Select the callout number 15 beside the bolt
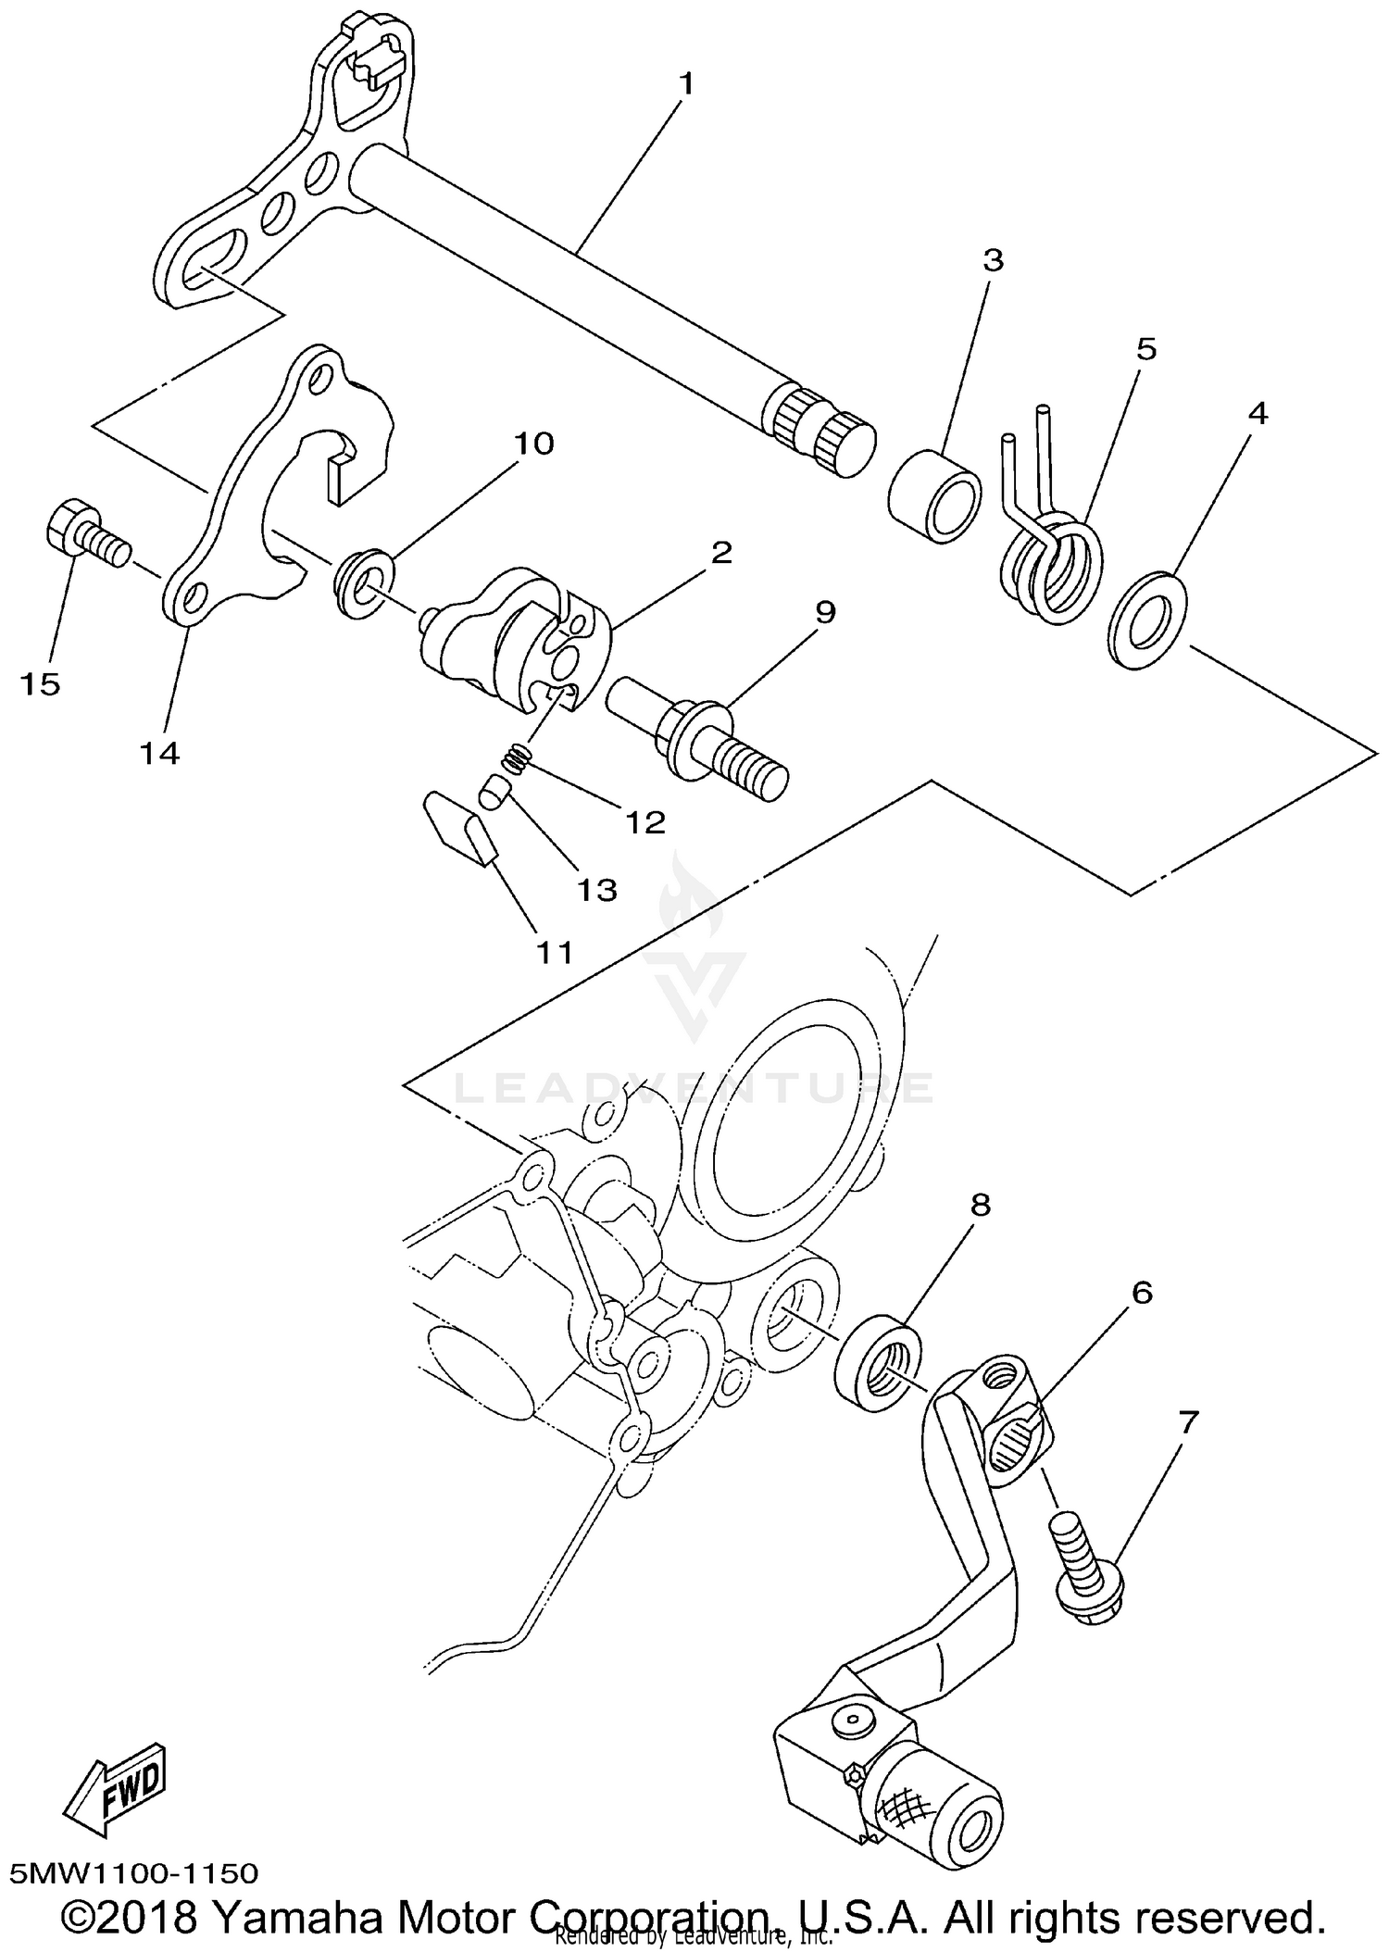point(41,684)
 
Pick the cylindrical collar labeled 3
point(935,495)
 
